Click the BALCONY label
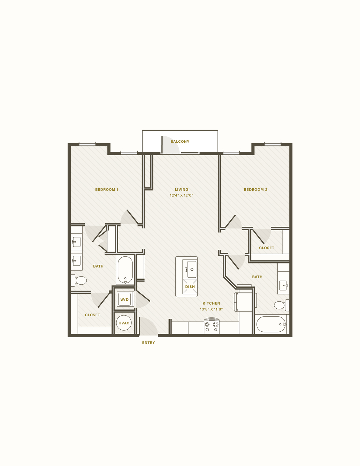pos(180,142)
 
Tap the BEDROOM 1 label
pos(107,189)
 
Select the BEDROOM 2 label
pos(255,189)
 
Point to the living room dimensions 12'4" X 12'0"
pos(182,195)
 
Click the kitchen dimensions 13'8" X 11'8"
pos(212,309)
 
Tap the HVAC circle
pos(124,323)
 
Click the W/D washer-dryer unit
pos(125,299)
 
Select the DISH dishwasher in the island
pos(190,287)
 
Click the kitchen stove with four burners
pos(212,326)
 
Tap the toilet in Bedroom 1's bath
pos(79,280)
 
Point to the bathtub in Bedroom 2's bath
pos(271,324)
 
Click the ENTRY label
pos(148,343)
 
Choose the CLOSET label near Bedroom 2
pos(266,248)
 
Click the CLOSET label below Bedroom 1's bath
pos(92,315)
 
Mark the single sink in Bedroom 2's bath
pos(283,285)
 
